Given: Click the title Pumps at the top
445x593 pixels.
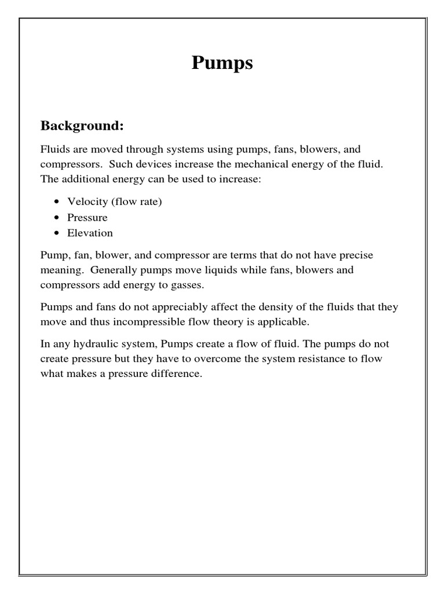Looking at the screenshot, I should tap(222, 63).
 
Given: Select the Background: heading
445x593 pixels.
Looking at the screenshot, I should tap(82, 126).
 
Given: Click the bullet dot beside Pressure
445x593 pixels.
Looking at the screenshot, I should tap(56, 218).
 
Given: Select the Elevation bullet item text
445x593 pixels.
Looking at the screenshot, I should tap(90, 233).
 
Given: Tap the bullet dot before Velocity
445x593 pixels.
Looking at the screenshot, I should tap(56, 202).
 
